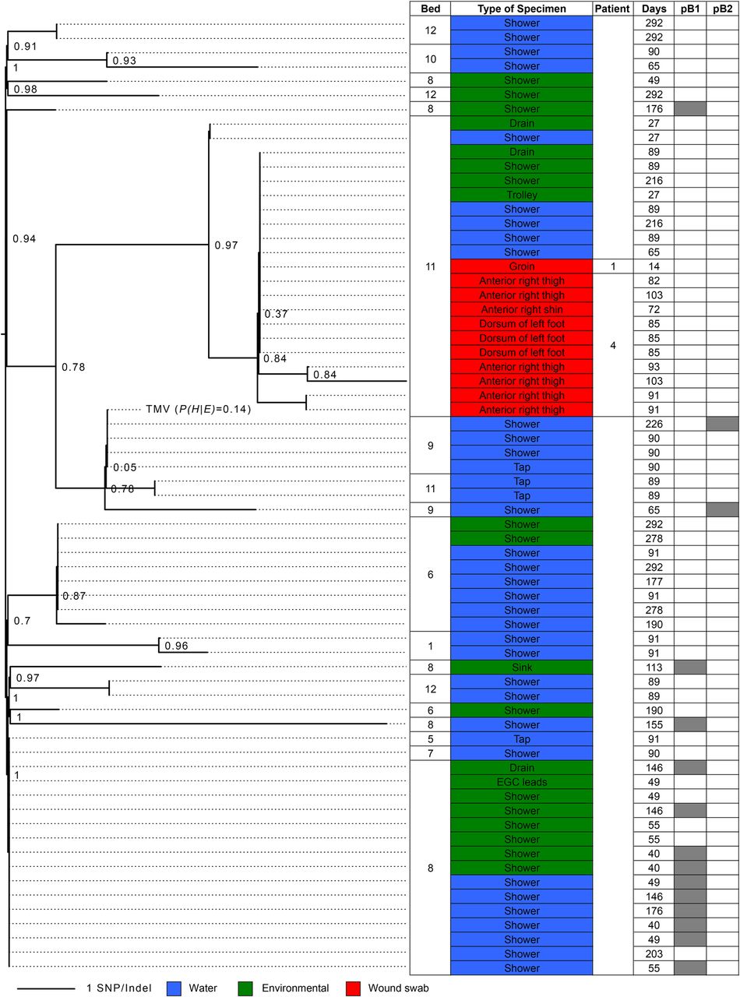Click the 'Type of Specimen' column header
(522, 9)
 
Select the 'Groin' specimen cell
(522, 266)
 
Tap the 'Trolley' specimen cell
(522, 195)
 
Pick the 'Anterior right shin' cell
(522, 309)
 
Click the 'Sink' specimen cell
(522, 668)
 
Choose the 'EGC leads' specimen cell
(522, 782)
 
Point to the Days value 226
(654, 424)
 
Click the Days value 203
(654, 954)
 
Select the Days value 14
(654, 266)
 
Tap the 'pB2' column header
(722, 9)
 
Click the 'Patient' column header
(613, 9)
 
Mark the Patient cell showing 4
(613, 345)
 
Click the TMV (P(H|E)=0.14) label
(199, 409)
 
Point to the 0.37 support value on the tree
(276, 314)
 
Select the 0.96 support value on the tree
(176, 646)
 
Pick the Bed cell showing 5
(430, 739)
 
